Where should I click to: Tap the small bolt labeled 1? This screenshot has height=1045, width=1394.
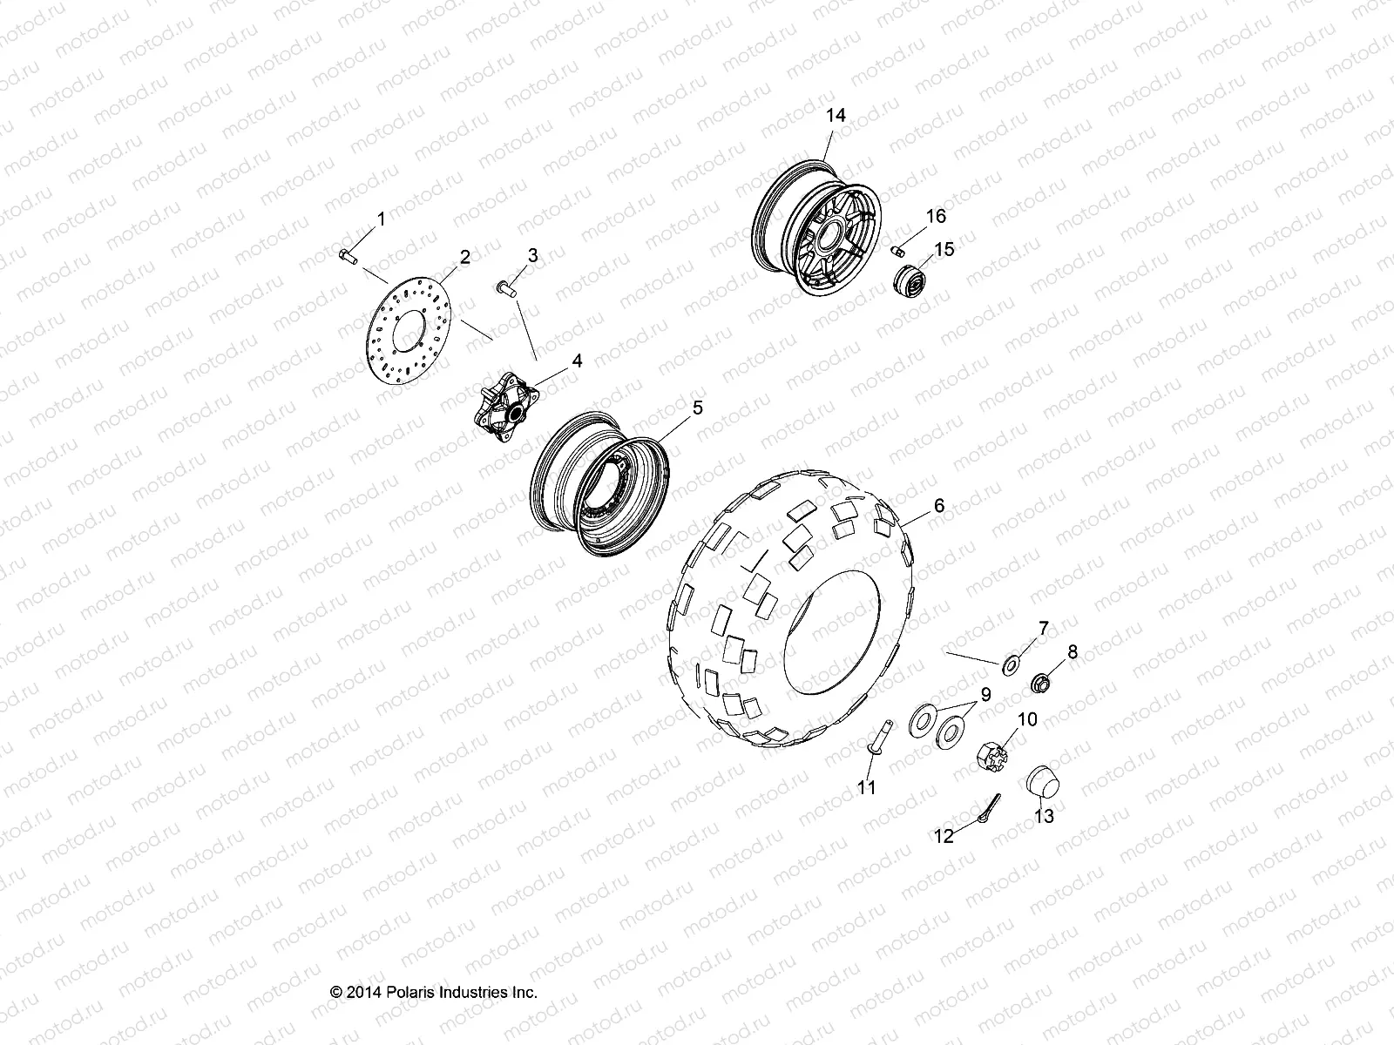(x=348, y=255)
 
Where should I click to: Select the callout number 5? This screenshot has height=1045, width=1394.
(x=696, y=408)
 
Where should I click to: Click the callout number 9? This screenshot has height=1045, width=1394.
(x=985, y=694)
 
